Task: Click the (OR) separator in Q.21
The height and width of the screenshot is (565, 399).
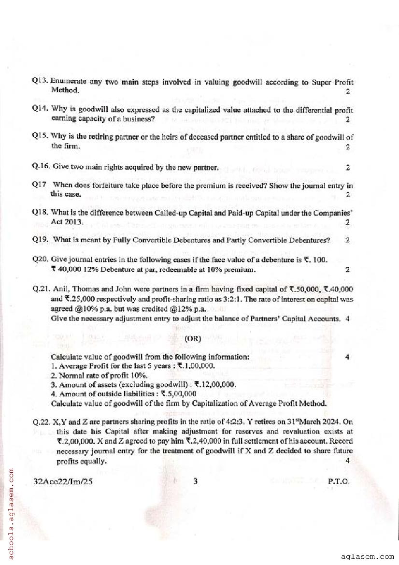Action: pos(193,338)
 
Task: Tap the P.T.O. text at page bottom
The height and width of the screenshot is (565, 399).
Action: pos(338,481)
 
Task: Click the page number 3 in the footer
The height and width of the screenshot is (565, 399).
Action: pos(194,481)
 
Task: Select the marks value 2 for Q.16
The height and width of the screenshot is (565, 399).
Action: pos(347,168)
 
